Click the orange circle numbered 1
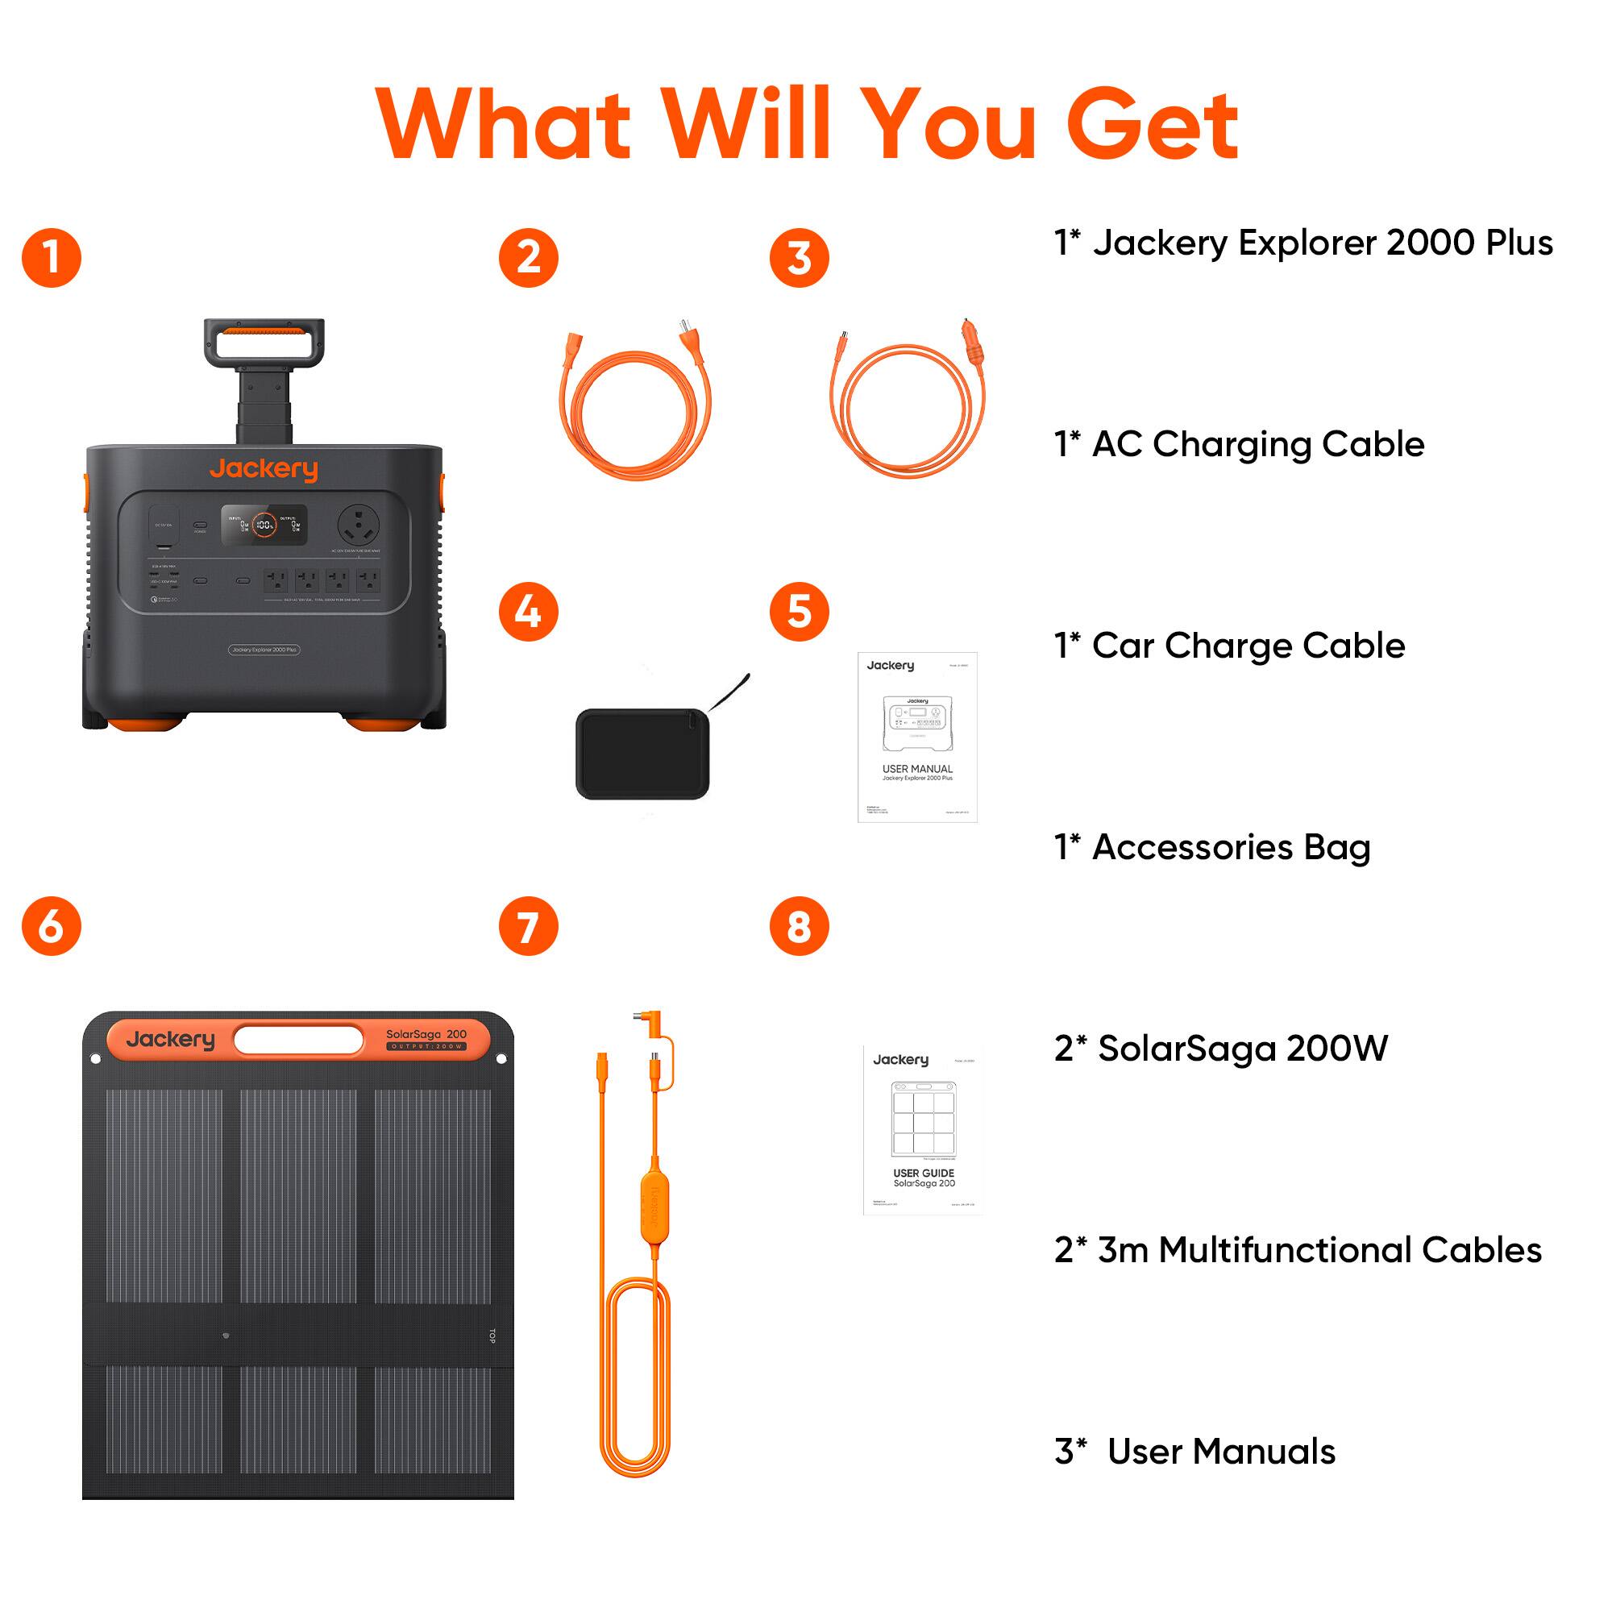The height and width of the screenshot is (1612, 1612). pos(52,258)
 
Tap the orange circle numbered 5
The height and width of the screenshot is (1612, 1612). pos(799,612)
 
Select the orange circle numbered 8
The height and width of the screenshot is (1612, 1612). pos(799,926)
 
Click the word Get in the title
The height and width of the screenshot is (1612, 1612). pos(1153,125)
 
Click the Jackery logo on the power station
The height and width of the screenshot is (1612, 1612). pos(264,469)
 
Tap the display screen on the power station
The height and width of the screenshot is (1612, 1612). pos(264,525)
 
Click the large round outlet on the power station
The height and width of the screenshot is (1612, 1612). pos(358,525)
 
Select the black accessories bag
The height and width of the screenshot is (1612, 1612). pos(642,754)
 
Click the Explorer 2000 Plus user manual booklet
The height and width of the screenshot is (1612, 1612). pos(917,737)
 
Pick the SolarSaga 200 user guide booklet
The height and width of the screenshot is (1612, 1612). pos(923,1130)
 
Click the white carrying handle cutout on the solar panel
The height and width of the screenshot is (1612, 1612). pos(298,1040)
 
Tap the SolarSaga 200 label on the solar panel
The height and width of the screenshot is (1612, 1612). pos(426,1035)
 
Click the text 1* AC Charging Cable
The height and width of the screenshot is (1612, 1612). pos(1238,444)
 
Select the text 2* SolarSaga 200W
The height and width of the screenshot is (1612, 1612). pos(1220,1048)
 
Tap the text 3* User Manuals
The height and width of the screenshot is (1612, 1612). pos(1194,1451)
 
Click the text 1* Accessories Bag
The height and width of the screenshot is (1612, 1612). pos(1211,847)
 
